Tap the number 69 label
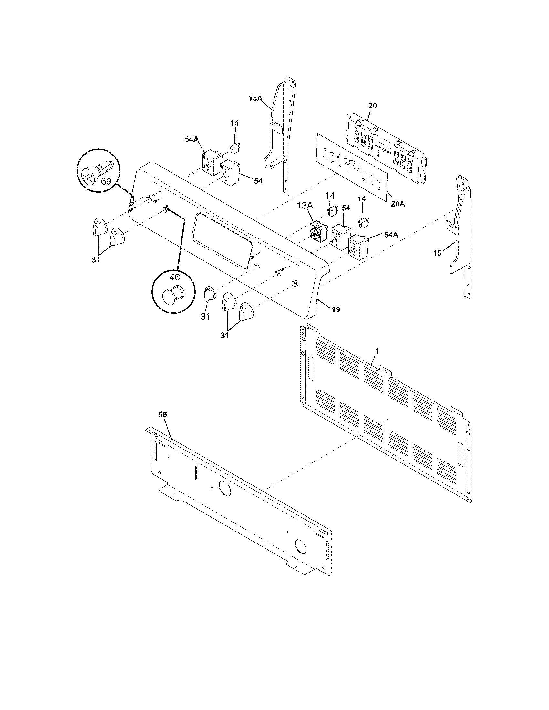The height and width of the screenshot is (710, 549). click(106, 181)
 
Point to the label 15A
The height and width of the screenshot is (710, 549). click(256, 98)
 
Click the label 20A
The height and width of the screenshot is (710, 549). click(398, 205)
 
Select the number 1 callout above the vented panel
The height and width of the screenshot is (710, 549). click(377, 351)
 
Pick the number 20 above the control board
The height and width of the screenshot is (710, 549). click(373, 105)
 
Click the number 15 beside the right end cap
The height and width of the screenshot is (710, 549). click(438, 253)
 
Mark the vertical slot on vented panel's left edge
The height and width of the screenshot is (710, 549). click(311, 368)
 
